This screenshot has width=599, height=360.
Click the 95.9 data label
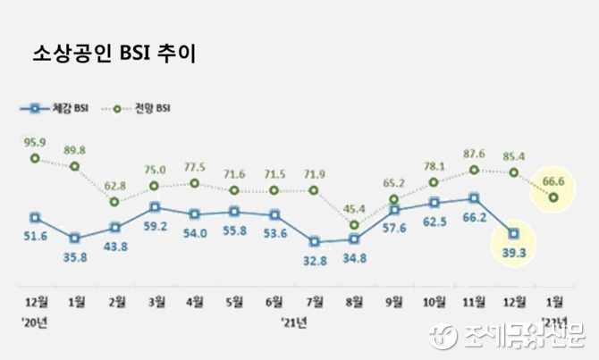34,142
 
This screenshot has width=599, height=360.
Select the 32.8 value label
314,260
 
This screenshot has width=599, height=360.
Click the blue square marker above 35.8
75,238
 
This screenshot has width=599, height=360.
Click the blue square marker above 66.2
474,197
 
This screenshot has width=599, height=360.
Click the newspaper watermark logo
509,336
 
